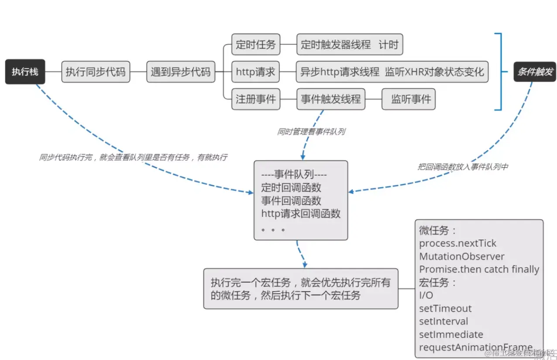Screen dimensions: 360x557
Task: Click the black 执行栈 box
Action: pyautogui.click(x=25, y=72)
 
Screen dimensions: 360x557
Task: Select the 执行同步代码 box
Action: pyautogui.click(x=96, y=72)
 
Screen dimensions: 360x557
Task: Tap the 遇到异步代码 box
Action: pyautogui.click(x=180, y=72)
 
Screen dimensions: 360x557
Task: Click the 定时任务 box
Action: pyautogui.click(x=256, y=45)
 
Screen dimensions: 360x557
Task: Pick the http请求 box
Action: pyautogui.click(x=256, y=72)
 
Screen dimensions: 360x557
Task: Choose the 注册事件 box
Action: pyautogui.click(x=256, y=99)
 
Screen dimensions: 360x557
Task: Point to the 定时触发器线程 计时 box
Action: pyautogui.click(x=350, y=45)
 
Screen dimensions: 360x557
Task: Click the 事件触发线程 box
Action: pyautogui.click(x=331, y=99)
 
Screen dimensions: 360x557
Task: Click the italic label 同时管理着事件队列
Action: pyautogui.click(x=311, y=132)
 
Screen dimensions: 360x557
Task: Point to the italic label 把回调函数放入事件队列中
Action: pyautogui.click(x=463, y=166)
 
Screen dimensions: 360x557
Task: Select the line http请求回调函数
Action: pyautogui.click(x=301, y=214)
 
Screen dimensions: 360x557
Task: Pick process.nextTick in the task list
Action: pyautogui.click(x=457, y=243)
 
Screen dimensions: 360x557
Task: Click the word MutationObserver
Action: pyautogui.click(x=462, y=256)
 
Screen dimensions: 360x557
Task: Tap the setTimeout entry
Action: pyautogui.click(x=445, y=308)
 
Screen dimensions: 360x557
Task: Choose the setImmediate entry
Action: pyautogui.click(x=451, y=335)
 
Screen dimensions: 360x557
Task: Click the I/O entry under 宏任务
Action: pyautogui.click(x=426, y=295)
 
